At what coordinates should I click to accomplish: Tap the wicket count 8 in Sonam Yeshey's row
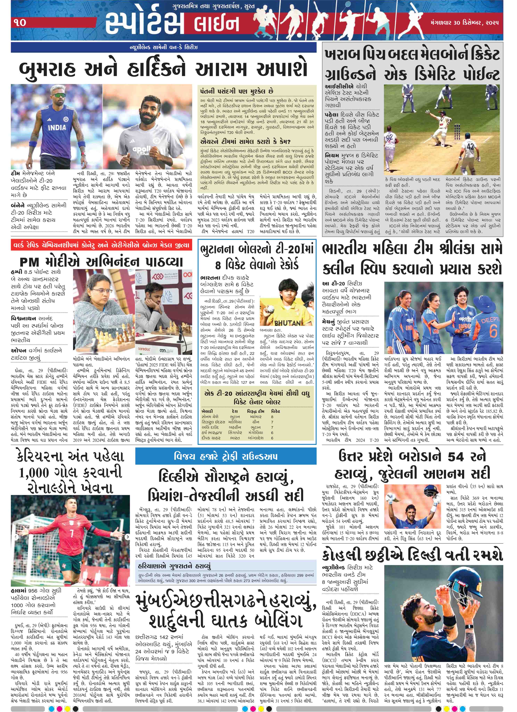[272, 417]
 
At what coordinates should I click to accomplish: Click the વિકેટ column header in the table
[276, 411]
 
